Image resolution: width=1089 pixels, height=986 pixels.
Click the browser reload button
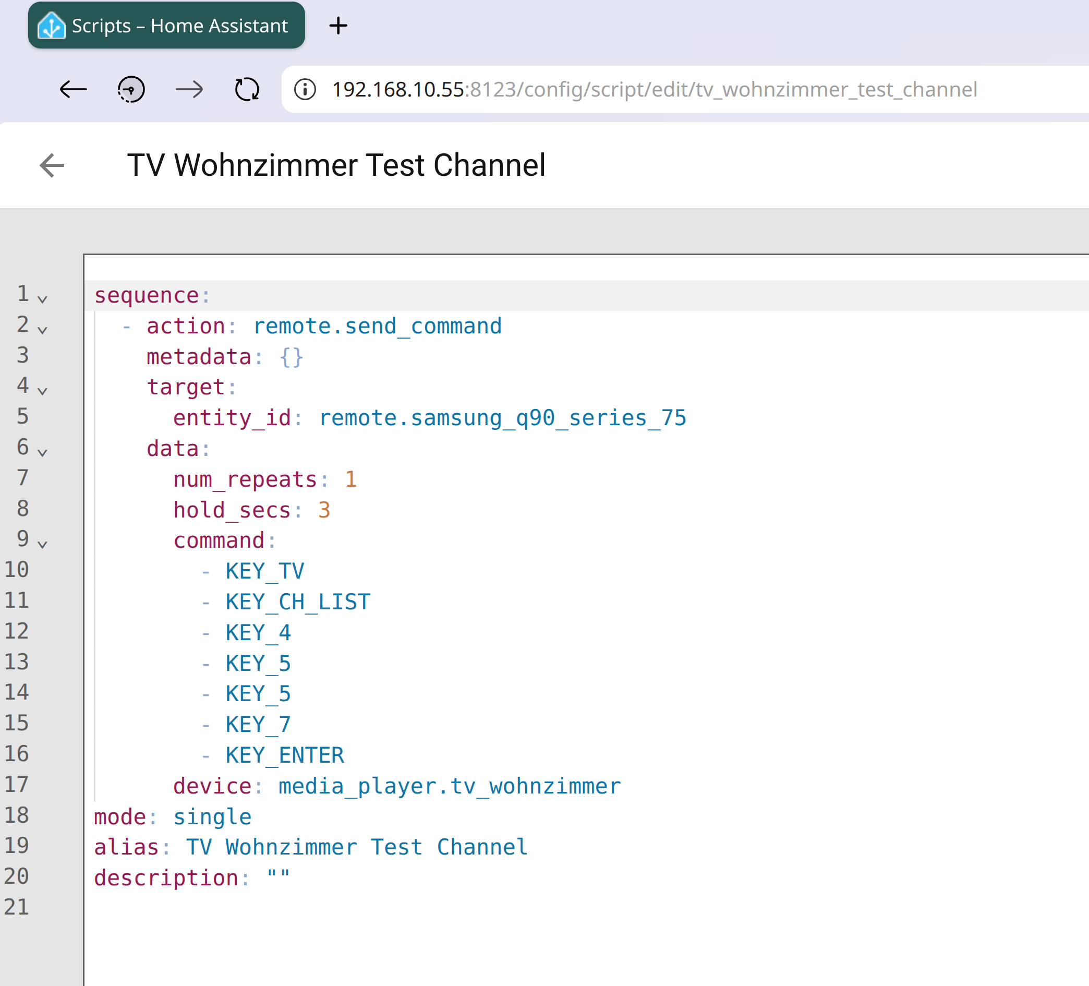point(247,89)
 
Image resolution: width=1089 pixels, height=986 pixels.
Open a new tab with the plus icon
point(338,26)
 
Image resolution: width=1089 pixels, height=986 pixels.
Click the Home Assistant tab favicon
point(51,26)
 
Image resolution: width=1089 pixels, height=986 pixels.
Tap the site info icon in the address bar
point(305,89)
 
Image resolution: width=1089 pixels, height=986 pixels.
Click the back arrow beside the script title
point(52,165)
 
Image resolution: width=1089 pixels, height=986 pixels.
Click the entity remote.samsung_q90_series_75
point(503,418)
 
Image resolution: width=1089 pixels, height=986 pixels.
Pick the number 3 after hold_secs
point(324,510)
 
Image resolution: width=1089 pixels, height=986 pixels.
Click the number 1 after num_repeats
point(351,479)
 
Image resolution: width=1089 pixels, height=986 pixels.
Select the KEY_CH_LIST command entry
point(298,602)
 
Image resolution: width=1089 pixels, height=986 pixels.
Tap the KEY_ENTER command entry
point(285,755)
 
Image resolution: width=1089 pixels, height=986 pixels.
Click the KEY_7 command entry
point(259,725)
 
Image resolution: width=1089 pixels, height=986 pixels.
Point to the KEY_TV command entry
point(265,571)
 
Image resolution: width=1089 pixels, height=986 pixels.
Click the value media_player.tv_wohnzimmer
point(450,786)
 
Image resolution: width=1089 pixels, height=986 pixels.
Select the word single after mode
point(213,817)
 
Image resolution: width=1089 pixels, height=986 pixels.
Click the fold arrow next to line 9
point(43,544)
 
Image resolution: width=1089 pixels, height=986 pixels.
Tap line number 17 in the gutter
point(17,784)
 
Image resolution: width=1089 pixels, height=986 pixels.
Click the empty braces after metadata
point(292,357)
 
